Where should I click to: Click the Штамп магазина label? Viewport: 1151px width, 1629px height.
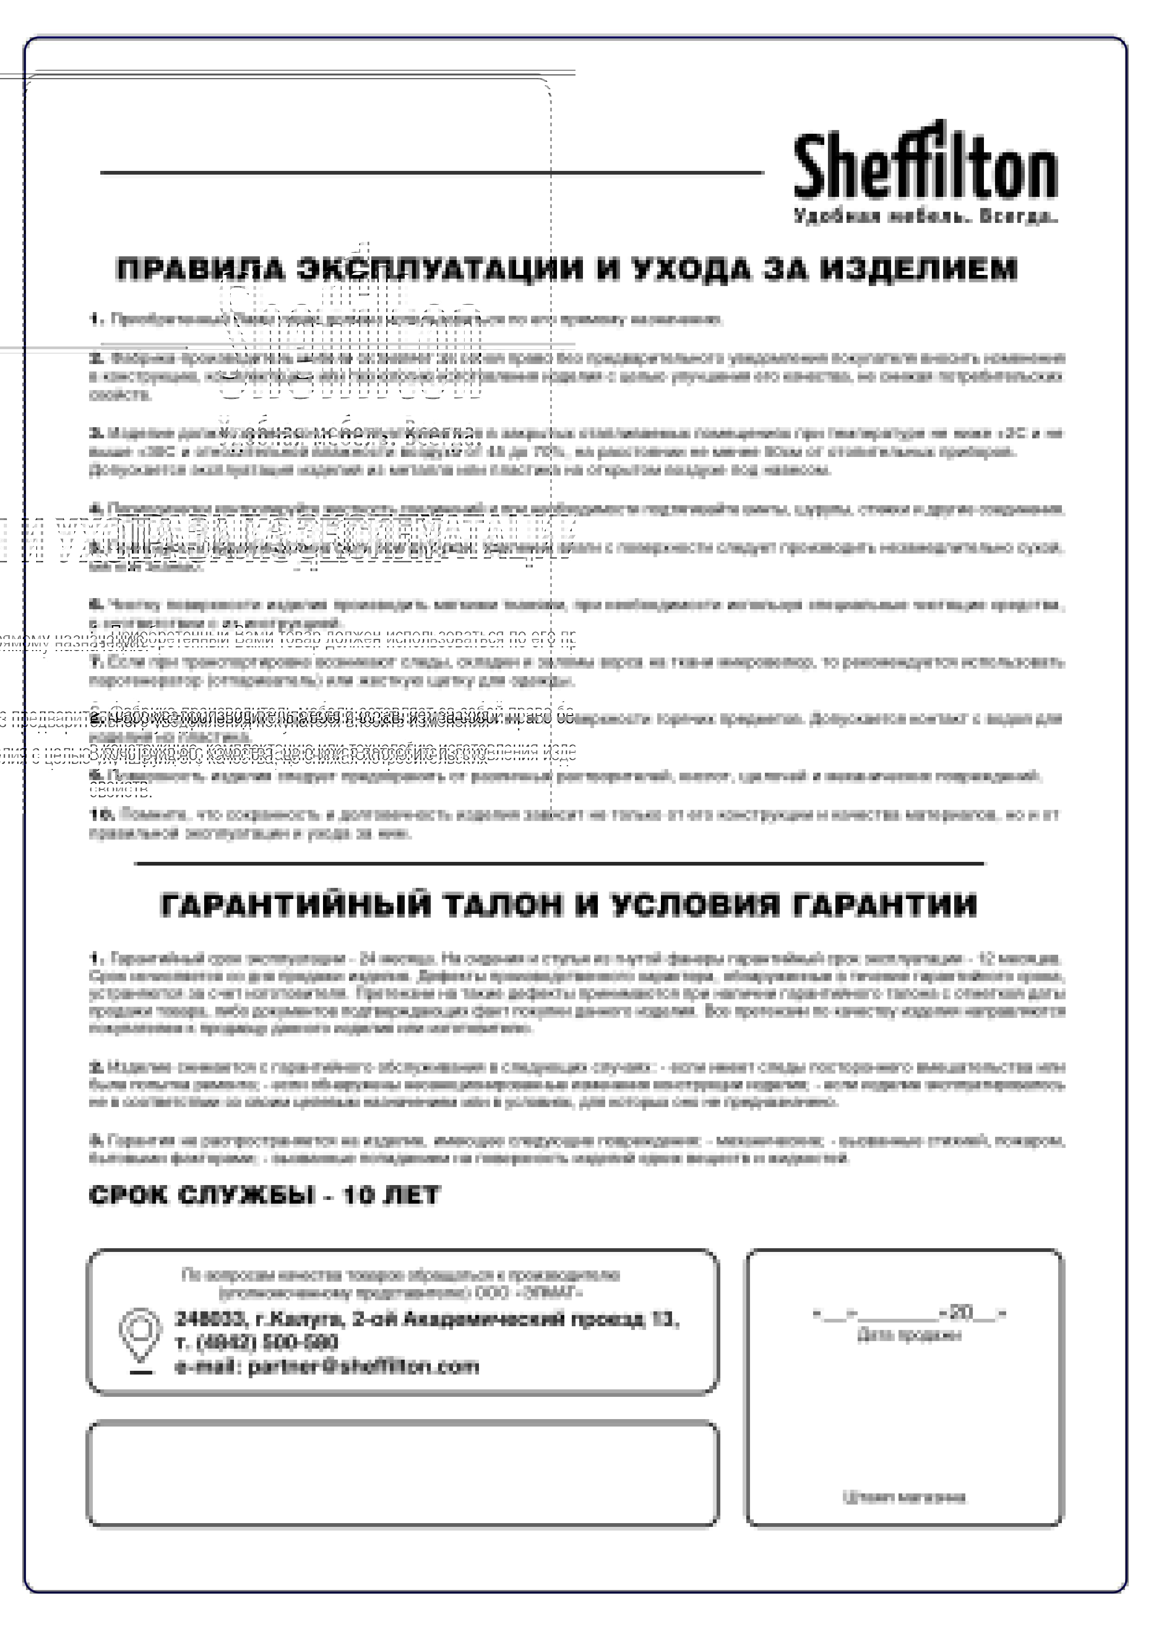pos(904,1498)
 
